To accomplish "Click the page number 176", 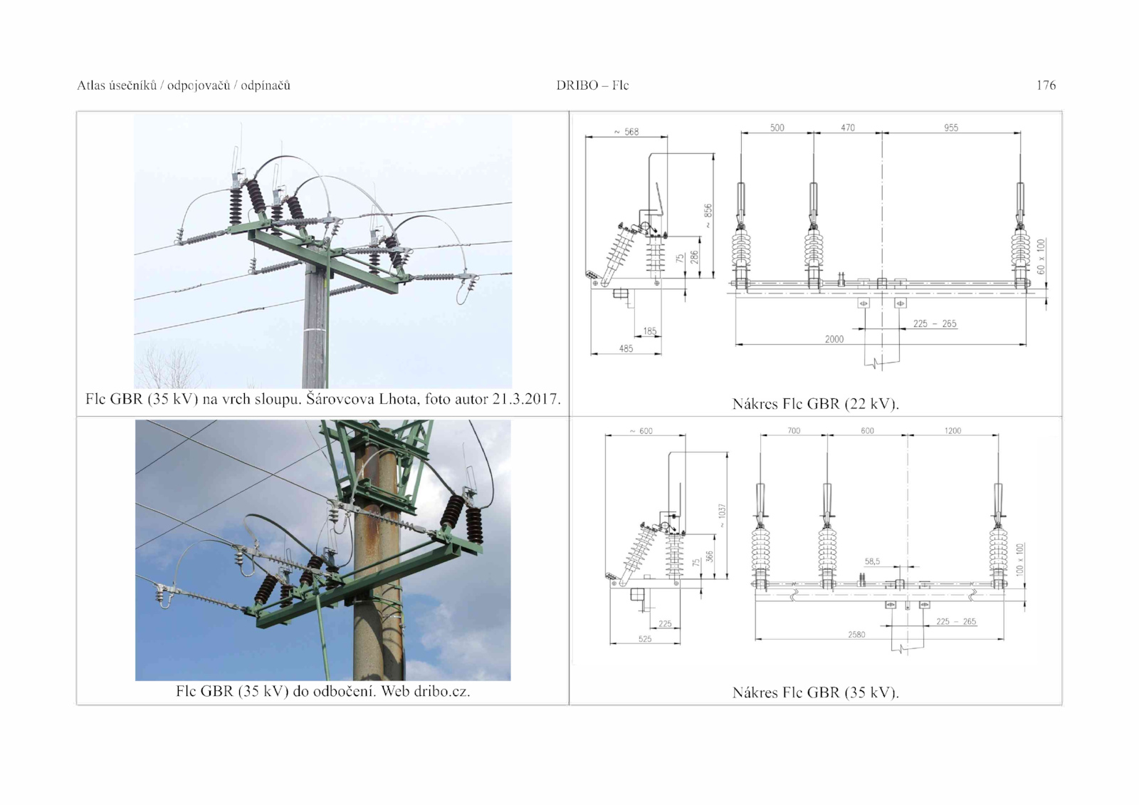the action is pyautogui.click(x=1046, y=85).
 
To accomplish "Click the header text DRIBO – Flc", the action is pyautogui.click(x=592, y=85).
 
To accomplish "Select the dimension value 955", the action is pyautogui.click(x=951, y=128).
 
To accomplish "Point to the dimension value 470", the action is pyautogui.click(x=848, y=128).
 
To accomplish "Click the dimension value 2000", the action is pyautogui.click(x=834, y=339).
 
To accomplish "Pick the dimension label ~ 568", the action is pyautogui.click(x=626, y=132).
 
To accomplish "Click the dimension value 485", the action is pyautogui.click(x=626, y=348).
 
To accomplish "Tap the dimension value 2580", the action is pyautogui.click(x=856, y=635).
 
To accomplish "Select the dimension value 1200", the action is pyautogui.click(x=952, y=430).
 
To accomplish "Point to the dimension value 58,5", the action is pyautogui.click(x=872, y=561).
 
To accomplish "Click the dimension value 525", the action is pyautogui.click(x=645, y=638).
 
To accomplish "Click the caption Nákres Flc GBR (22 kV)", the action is pyautogui.click(x=816, y=404).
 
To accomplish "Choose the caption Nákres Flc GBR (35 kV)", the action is pyautogui.click(x=816, y=692).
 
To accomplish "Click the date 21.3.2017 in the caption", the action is pyautogui.click(x=526, y=399).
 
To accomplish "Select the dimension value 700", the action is pyautogui.click(x=794, y=430).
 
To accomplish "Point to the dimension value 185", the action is pyautogui.click(x=650, y=331).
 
